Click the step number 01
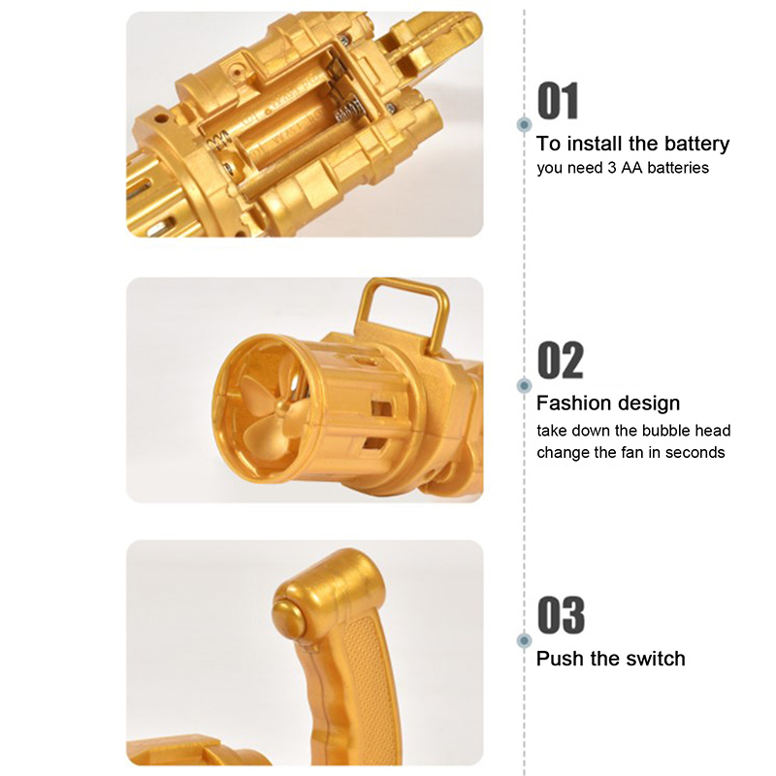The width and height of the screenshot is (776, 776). tap(558, 101)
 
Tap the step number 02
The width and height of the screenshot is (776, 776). tap(561, 360)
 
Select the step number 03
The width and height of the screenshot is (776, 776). tap(561, 615)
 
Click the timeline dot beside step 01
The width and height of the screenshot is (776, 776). tap(524, 124)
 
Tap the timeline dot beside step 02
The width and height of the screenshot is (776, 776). tap(524, 385)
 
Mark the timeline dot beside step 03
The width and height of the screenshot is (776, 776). tap(524, 641)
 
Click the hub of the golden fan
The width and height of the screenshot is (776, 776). tap(282, 406)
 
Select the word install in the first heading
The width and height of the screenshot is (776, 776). tap(598, 143)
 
